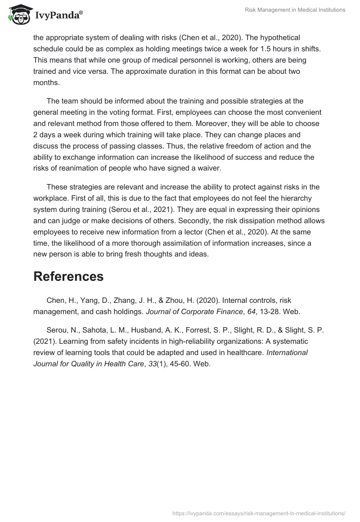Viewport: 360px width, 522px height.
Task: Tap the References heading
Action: pos(68,276)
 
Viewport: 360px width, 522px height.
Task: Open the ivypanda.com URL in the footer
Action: pos(259,513)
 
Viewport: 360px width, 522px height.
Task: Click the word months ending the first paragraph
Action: pos(46,83)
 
